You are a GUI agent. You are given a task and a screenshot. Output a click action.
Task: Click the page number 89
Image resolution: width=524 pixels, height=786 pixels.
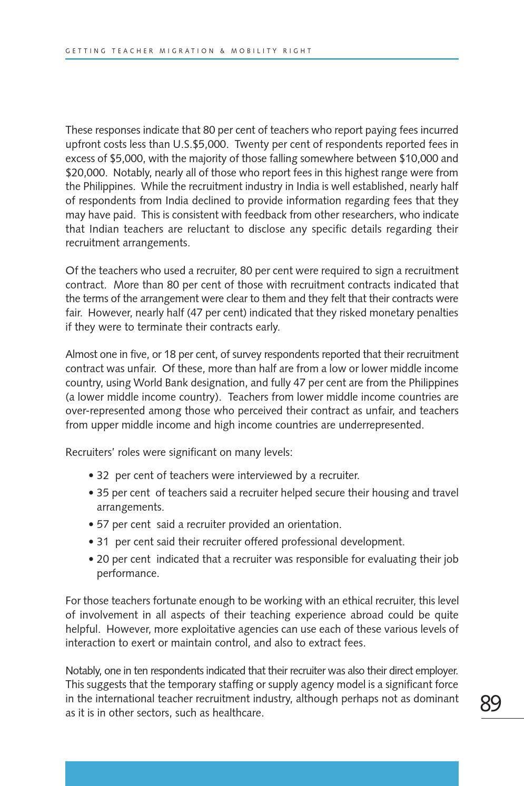pyautogui.click(x=490, y=703)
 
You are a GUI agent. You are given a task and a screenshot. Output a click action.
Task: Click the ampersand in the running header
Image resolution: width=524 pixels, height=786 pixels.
pyautogui.click(x=223, y=51)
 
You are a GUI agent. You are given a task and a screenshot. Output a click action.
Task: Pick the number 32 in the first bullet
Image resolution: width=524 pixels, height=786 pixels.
pyautogui.click(x=103, y=475)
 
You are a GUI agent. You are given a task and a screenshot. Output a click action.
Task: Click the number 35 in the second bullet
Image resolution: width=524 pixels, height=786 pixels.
pyautogui.click(x=103, y=493)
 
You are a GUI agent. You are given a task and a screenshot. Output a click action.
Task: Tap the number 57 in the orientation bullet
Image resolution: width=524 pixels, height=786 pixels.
pyautogui.click(x=103, y=524)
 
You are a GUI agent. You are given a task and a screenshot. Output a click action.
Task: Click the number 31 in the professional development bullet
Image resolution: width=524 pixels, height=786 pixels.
pyautogui.click(x=103, y=542)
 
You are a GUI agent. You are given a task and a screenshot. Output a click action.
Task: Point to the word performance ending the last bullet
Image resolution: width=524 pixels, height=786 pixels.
pyautogui.click(x=127, y=573)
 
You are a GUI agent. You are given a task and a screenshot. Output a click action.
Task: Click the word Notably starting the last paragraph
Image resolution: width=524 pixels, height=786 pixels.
pyautogui.click(x=83, y=671)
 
